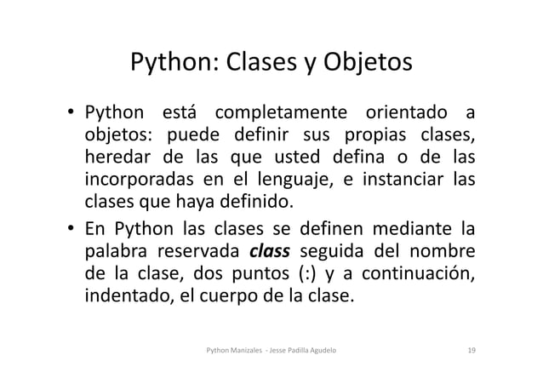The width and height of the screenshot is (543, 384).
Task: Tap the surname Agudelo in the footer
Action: (329, 350)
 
